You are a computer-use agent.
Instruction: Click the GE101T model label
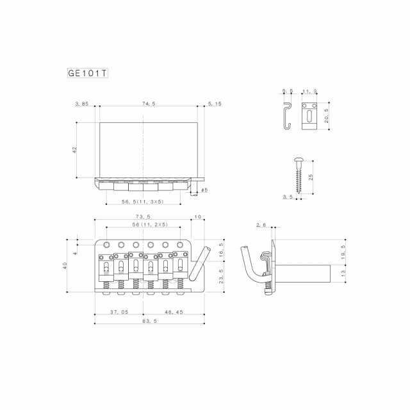88,72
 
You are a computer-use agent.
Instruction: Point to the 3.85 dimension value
81,104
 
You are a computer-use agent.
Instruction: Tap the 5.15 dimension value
215,104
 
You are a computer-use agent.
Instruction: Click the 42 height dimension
75,149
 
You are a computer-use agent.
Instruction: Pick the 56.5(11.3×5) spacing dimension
142,201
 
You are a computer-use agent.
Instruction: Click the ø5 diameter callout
204,190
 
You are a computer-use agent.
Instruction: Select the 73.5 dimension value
143,217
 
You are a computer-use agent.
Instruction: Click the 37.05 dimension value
120,312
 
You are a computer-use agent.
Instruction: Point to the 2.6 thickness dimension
261,225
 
